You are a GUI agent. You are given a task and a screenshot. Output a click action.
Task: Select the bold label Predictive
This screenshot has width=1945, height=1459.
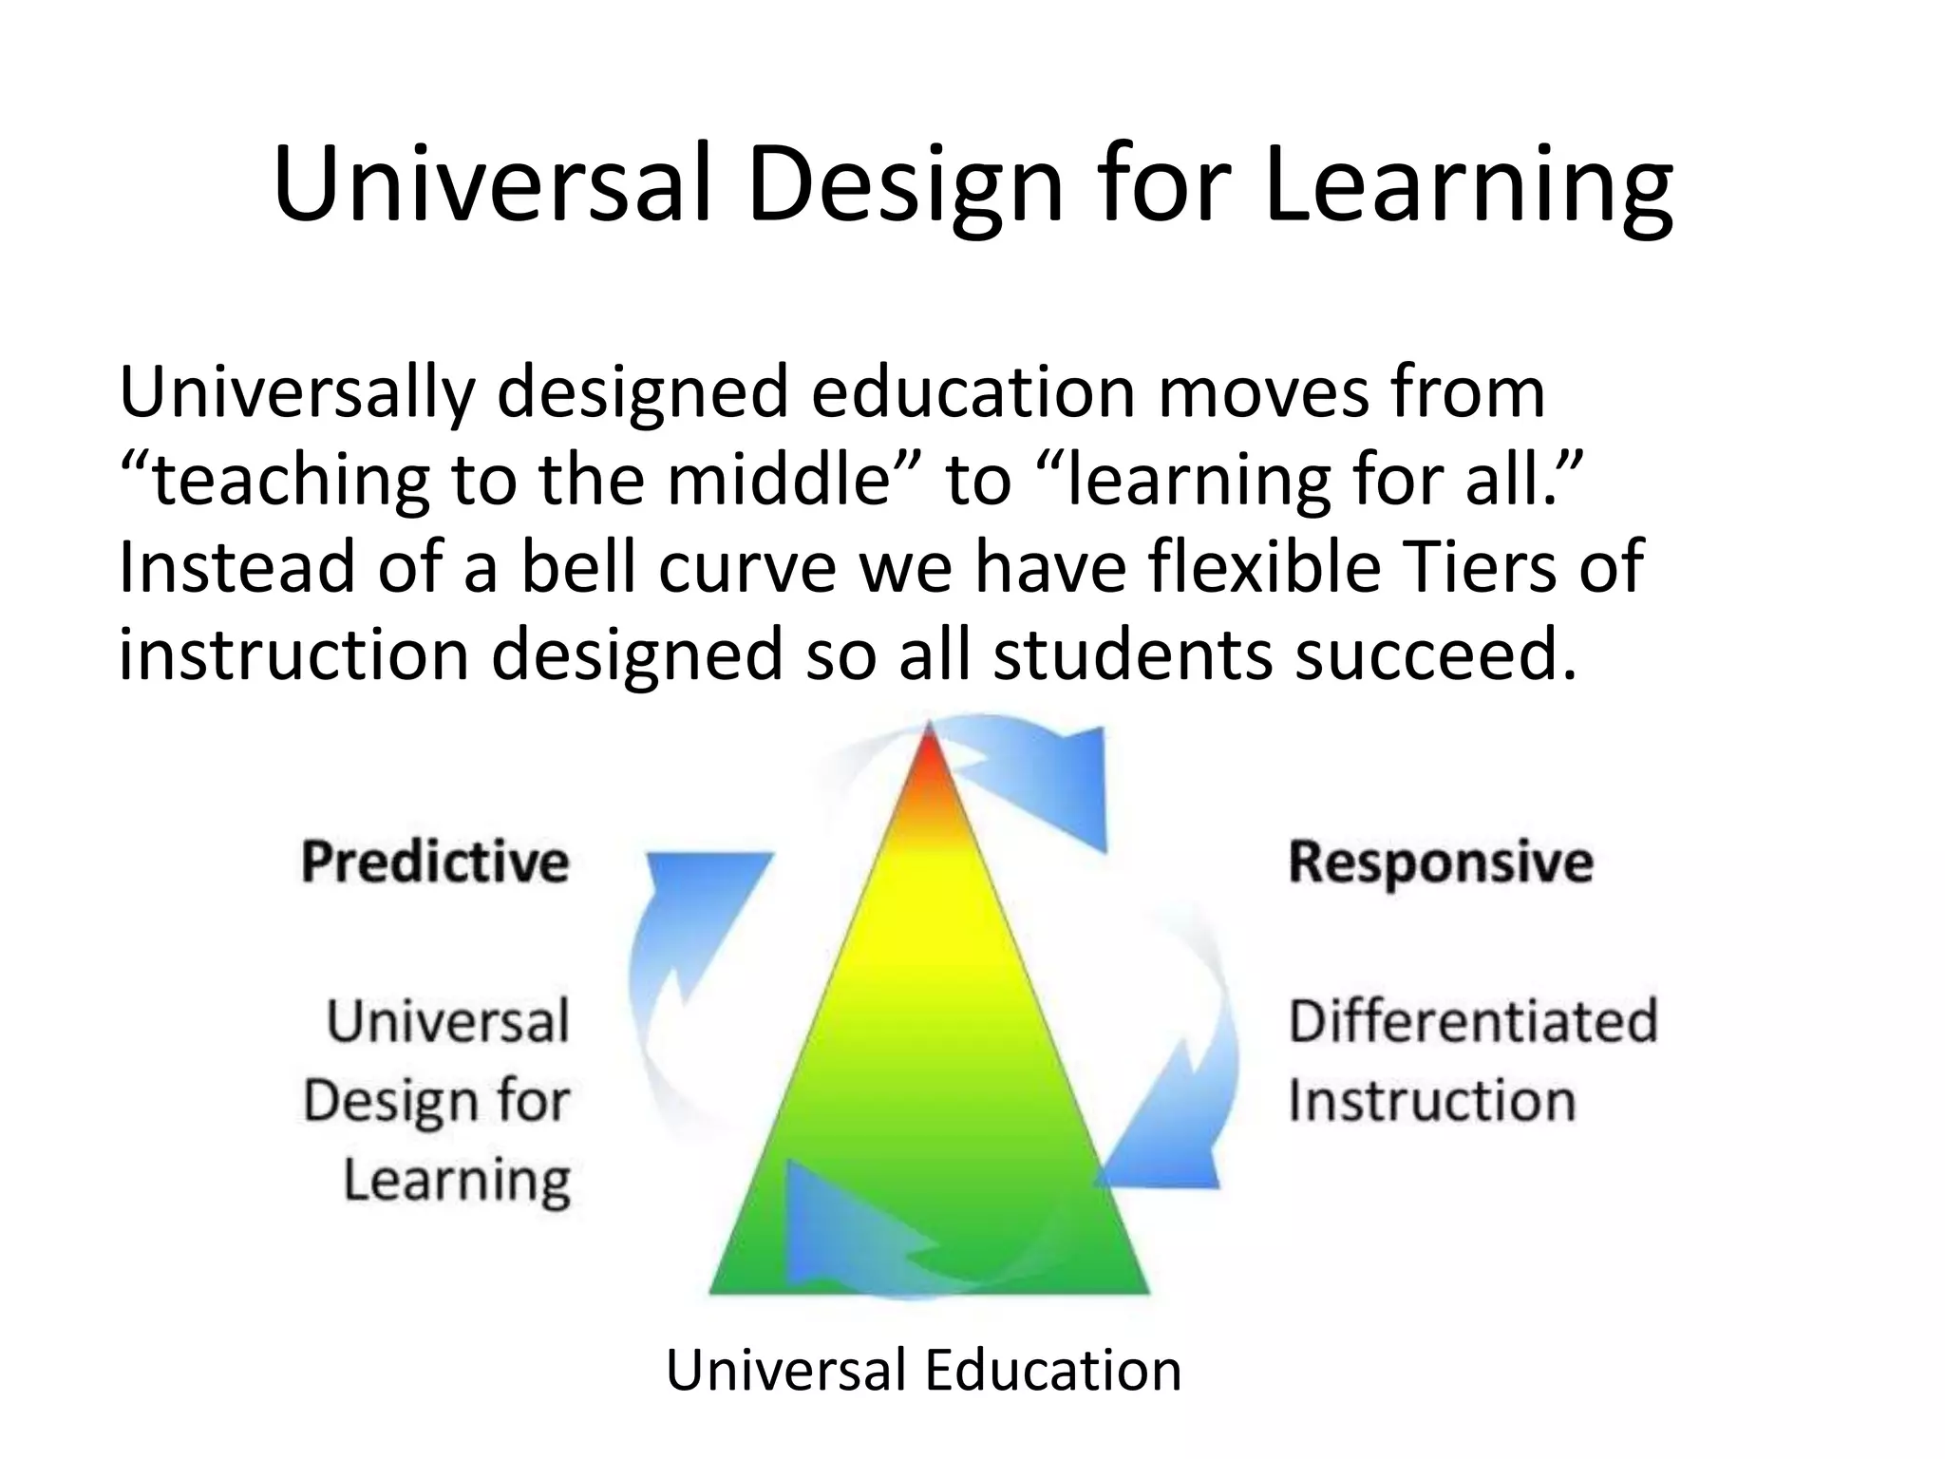(435, 862)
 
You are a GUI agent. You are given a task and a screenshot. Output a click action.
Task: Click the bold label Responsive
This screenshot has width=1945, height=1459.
(1441, 862)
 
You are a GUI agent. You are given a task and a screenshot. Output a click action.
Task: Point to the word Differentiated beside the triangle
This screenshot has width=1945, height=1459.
(1473, 1021)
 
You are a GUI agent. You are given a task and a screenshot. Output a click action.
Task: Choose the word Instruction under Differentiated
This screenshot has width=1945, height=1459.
(1432, 1101)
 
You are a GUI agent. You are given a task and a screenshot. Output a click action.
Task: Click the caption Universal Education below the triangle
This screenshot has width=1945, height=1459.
(923, 1370)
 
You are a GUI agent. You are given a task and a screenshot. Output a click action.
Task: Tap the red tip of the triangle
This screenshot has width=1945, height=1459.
(930, 760)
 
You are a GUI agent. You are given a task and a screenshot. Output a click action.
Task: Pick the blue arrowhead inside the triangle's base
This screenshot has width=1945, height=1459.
(836, 1225)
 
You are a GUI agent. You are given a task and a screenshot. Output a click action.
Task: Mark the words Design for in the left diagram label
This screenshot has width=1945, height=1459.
(436, 1101)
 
